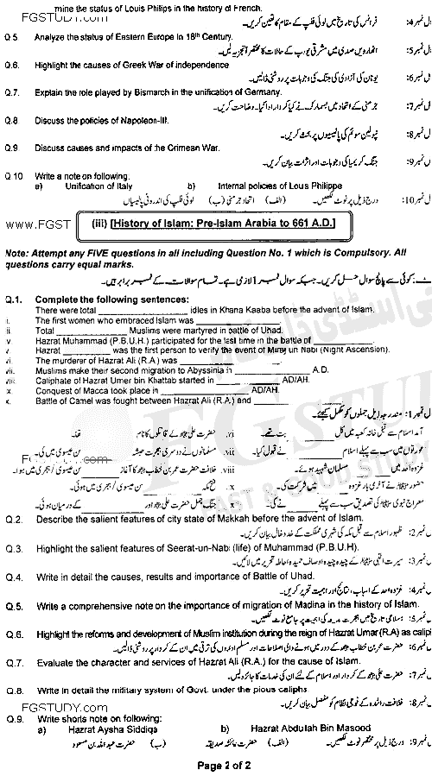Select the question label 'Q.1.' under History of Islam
click(13, 298)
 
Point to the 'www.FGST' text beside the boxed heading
click(31, 224)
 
